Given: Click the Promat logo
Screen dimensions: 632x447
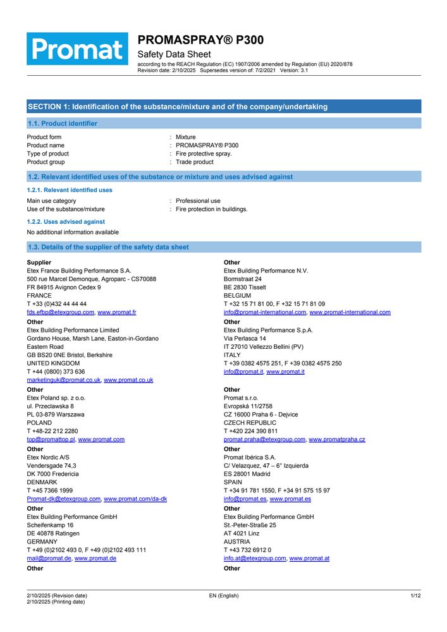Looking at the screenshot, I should (x=77, y=49).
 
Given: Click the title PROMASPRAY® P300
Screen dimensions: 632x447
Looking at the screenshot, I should (x=200, y=40).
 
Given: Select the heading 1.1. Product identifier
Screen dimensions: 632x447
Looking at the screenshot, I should (x=62, y=124).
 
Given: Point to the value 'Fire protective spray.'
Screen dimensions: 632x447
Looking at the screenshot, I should (x=204, y=154).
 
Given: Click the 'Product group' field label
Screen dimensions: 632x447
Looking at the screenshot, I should (x=46, y=162).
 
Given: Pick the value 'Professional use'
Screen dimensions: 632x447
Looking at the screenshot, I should (x=198, y=201).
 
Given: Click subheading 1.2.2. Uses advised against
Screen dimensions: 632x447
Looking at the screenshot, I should (x=66, y=222).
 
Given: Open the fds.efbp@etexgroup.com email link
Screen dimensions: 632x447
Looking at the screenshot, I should (x=61, y=312).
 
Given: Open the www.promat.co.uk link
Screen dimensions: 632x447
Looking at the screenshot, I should (x=128, y=380).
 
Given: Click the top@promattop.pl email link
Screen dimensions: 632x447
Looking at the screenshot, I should (x=51, y=439).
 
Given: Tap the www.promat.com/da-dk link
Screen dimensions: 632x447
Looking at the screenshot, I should (x=135, y=499).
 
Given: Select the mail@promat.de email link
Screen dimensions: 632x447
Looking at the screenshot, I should (x=49, y=558).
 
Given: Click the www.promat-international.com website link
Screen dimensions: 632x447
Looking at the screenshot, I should (x=350, y=312).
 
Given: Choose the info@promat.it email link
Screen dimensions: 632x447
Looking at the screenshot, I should (x=243, y=372).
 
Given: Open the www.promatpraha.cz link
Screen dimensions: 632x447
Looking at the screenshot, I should (x=336, y=439).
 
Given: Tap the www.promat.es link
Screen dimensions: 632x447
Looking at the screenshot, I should (x=290, y=499).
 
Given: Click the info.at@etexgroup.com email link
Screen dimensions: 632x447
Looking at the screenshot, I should (x=255, y=558).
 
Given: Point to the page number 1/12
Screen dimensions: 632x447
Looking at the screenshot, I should (x=415, y=595).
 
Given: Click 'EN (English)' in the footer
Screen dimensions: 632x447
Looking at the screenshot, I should (x=224, y=595).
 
